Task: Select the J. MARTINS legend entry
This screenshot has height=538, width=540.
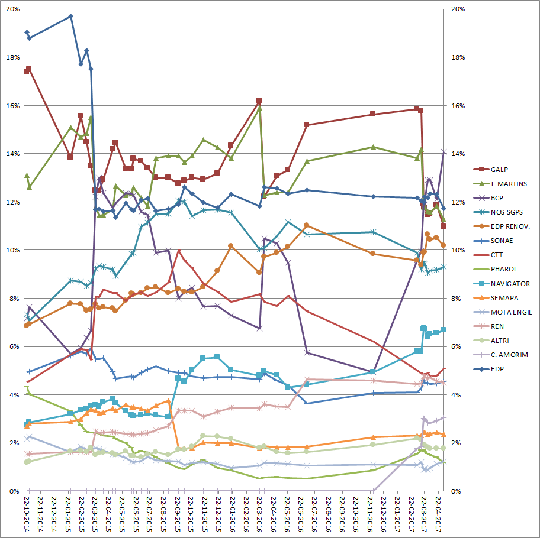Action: tap(517, 184)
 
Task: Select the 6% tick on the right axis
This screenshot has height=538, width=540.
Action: tap(459, 346)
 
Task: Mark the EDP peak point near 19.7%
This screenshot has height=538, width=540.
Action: tap(70, 17)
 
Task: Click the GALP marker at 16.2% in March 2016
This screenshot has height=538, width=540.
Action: tap(259, 101)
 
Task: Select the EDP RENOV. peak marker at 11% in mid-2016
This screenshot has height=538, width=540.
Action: tap(306, 225)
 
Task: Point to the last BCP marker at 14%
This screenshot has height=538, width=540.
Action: tap(443, 152)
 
